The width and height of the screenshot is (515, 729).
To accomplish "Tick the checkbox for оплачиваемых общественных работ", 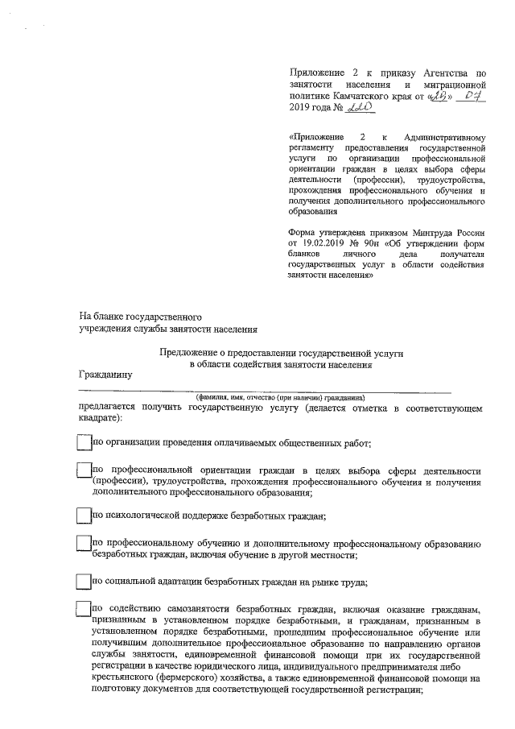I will pos(83,443).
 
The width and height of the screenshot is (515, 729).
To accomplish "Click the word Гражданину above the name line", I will pos(105,375).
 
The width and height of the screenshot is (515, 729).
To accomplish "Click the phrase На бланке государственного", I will pos(139,317).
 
